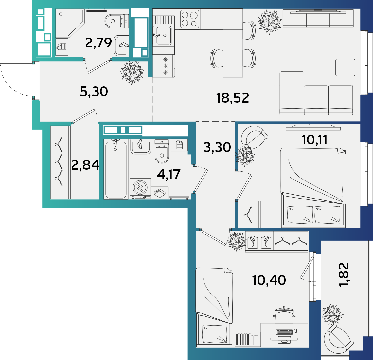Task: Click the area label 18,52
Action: coord(232,98)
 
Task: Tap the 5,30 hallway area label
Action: coord(94,91)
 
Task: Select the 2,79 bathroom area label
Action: coord(98,43)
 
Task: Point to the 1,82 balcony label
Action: coord(344,275)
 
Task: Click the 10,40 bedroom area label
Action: coord(269,280)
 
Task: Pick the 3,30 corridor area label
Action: coord(217,147)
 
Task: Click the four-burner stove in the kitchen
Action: coord(189,19)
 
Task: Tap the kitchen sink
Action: coord(162,35)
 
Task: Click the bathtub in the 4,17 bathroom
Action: coord(115,169)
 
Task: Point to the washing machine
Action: coord(140,189)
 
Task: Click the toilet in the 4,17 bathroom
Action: coord(162,151)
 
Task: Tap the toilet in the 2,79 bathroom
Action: coord(116,21)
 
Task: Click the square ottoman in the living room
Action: coord(345,67)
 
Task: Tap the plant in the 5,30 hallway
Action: coord(132,73)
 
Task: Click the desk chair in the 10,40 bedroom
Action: coord(284,315)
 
